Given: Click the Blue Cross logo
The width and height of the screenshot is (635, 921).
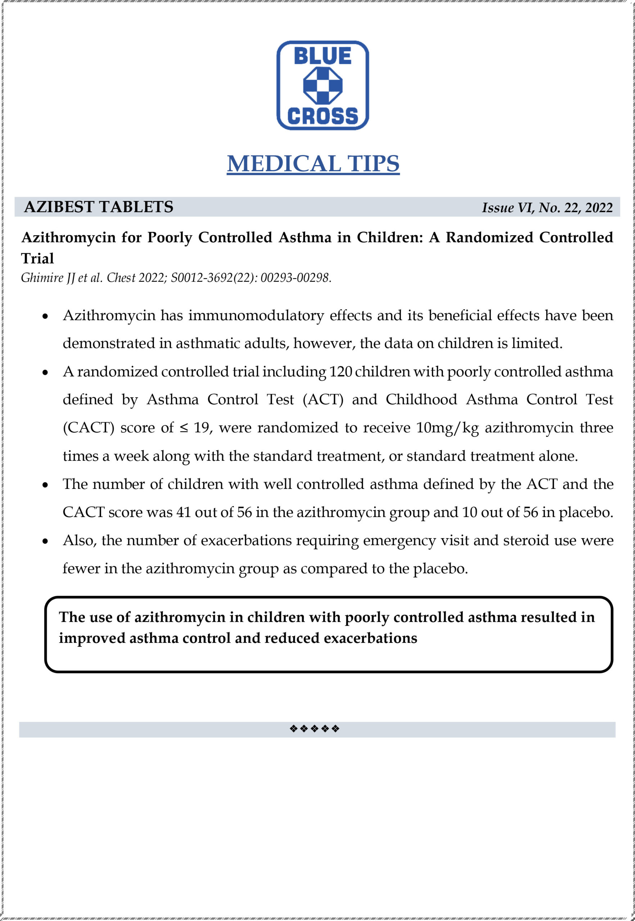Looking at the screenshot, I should (x=322, y=85).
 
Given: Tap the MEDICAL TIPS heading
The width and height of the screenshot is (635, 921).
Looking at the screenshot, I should (x=313, y=163).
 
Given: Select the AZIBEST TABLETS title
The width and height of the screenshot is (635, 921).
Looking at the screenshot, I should (x=99, y=207).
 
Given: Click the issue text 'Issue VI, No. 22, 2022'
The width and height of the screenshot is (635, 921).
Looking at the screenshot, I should (x=547, y=208).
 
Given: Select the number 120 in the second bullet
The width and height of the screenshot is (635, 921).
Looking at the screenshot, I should (x=341, y=372).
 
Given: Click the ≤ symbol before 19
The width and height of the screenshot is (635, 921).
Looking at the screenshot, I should (x=183, y=428).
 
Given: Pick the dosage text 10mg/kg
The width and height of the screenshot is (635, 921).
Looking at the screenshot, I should (x=447, y=428).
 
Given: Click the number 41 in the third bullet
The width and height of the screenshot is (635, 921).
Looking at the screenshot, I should (x=183, y=512).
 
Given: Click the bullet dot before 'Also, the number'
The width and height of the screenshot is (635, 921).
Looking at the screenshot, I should (x=45, y=541).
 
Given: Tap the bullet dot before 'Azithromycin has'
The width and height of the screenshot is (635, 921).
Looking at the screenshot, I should (x=45, y=317).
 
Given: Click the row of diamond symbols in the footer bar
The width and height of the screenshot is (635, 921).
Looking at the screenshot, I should (x=314, y=729).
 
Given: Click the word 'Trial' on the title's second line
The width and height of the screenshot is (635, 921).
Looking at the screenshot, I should (x=37, y=259).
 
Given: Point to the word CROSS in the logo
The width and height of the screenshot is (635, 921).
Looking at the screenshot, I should (x=322, y=116).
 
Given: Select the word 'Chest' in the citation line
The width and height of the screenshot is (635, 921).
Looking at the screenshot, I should (x=120, y=278).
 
